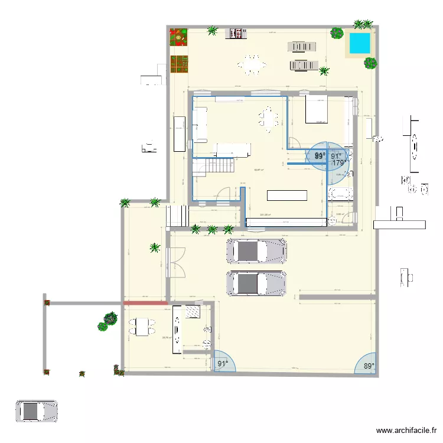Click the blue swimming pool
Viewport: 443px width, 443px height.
[x=359, y=43]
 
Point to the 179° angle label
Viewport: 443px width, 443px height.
[x=338, y=162]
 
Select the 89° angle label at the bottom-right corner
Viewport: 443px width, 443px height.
[x=369, y=366]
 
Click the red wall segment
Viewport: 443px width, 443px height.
[x=145, y=304]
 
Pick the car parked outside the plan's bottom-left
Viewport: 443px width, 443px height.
[x=36, y=411]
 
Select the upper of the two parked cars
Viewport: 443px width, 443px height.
[x=256, y=250]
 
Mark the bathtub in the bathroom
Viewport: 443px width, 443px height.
[x=340, y=194]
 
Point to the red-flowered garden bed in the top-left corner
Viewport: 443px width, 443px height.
[x=178, y=38]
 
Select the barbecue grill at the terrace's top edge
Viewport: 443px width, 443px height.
[x=237, y=33]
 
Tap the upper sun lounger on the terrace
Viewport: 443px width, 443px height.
[x=302, y=47]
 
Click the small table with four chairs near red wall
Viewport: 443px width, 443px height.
[x=142, y=326]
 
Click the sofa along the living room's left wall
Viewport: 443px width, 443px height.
[x=200, y=124]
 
